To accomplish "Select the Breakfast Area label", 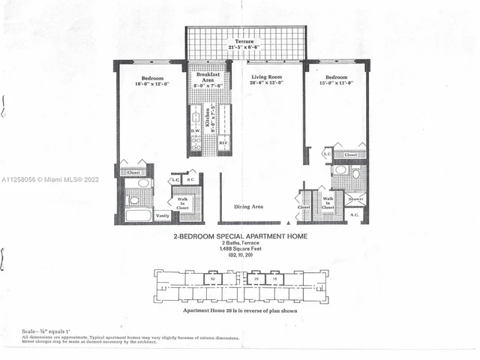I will (x=206, y=77).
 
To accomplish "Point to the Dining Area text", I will (x=248, y=205).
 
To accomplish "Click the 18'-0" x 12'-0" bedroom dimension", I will (x=154, y=83).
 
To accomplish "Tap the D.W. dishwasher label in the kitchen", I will (x=195, y=130).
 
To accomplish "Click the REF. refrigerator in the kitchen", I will (x=223, y=142).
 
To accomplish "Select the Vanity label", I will (x=163, y=215).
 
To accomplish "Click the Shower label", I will (x=355, y=199).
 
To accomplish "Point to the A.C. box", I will (x=355, y=215).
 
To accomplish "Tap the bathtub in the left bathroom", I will (x=139, y=215).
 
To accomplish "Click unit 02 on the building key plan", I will (x=213, y=278).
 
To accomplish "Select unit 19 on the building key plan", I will (x=275, y=278).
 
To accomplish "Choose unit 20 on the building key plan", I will (x=256, y=278).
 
